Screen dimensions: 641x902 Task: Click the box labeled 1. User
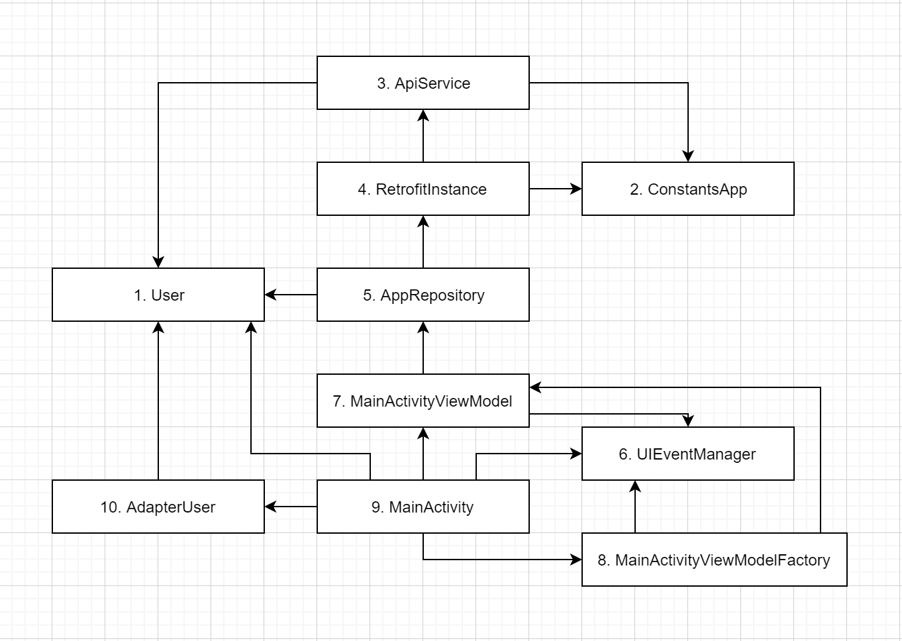click(158, 295)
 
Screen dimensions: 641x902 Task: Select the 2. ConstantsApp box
click(687, 189)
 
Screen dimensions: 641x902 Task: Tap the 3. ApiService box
click(423, 83)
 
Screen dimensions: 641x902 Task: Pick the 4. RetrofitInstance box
click(423, 189)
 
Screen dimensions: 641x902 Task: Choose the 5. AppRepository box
click(423, 295)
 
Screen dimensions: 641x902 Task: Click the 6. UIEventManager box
click(687, 454)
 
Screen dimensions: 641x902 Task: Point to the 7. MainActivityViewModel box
click(423, 401)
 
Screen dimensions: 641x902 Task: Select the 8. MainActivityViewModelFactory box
click(714, 560)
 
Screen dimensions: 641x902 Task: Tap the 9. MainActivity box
click(423, 507)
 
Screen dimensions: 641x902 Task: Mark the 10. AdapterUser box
click(158, 507)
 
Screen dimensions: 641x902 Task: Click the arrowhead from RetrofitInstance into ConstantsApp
click(576, 189)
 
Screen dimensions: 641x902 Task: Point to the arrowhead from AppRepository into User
click(270, 295)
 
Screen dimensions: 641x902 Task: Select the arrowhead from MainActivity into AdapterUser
click(270, 507)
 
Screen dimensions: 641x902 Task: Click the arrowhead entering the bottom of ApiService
click(423, 115)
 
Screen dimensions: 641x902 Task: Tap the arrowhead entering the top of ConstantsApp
click(688, 156)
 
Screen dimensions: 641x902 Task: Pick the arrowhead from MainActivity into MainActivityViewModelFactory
click(576, 560)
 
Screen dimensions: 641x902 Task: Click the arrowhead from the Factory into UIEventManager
click(635, 486)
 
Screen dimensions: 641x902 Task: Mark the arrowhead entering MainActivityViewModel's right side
click(535, 387)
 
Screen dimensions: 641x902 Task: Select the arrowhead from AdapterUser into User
click(158, 327)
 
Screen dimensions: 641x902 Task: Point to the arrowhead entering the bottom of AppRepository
click(423, 327)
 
